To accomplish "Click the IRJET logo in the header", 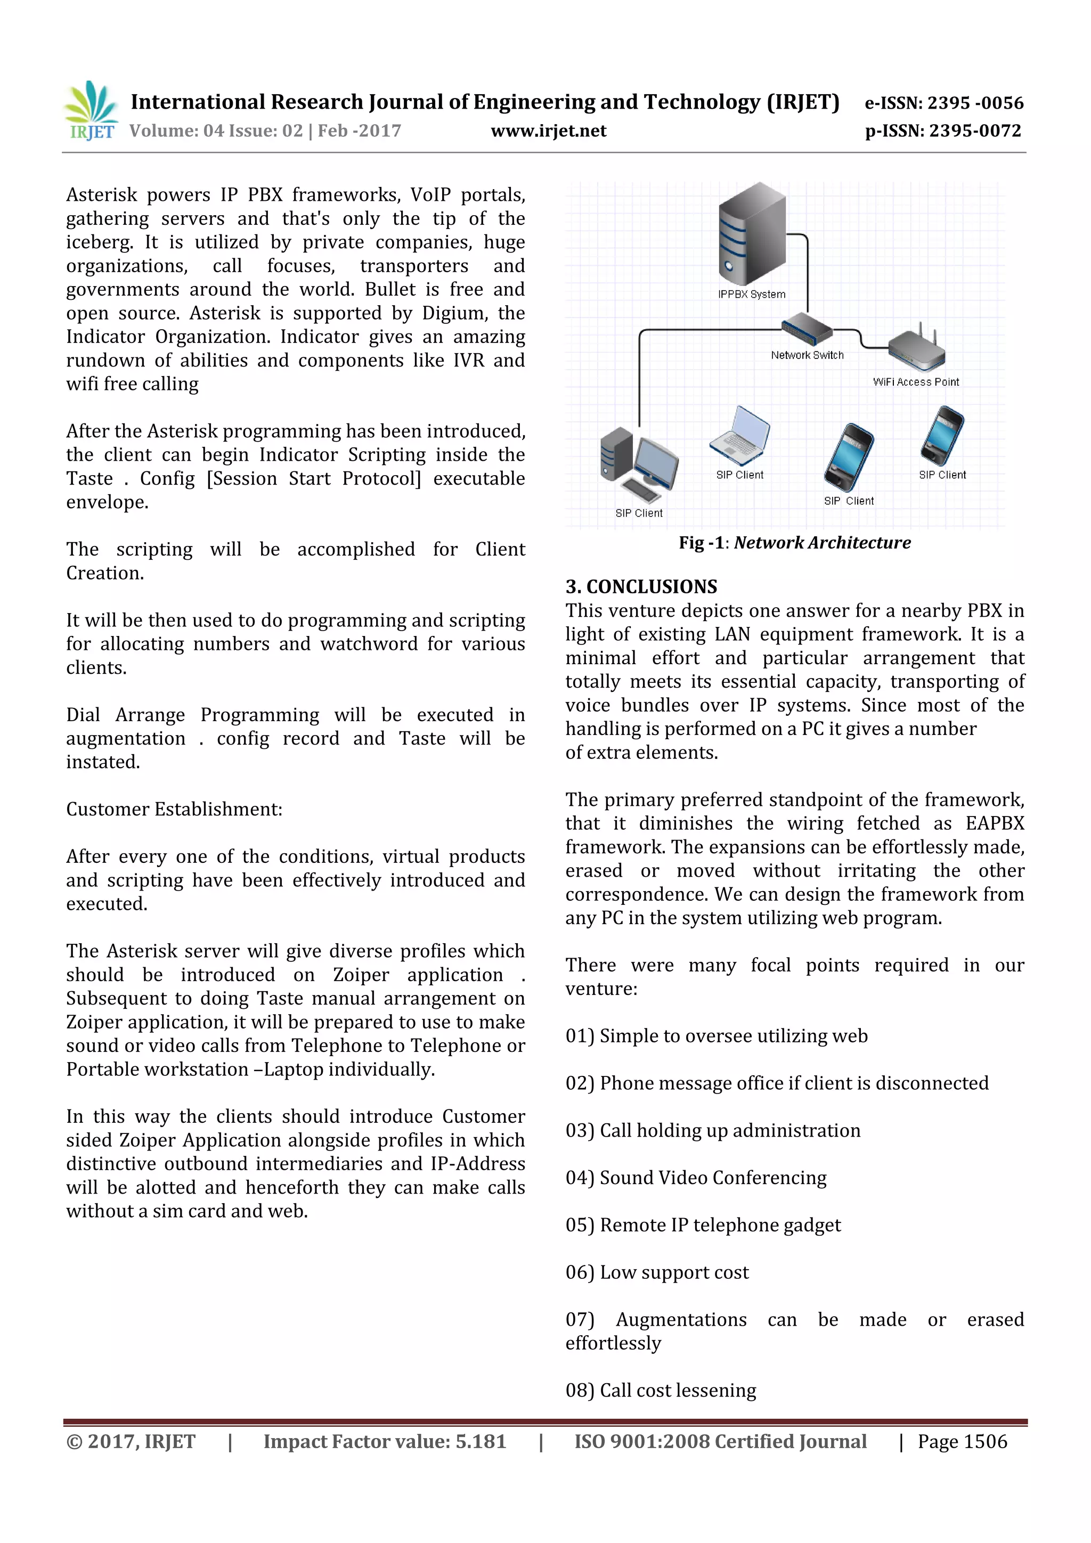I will [x=91, y=111].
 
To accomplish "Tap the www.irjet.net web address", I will [x=549, y=130].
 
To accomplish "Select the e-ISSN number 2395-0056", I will [x=975, y=103].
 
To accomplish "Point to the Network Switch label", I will [x=807, y=355].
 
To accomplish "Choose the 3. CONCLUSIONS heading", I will [x=641, y=587].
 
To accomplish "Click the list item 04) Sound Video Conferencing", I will [x=696, y=1178].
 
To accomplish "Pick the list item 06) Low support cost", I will [x=657, y=1272].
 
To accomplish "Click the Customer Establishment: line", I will [x=174, y=809].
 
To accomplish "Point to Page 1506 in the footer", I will [x=962, y=1441].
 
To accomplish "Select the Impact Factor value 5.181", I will [x=385, y=1441].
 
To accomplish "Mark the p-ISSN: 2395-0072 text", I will [x=943, y=130].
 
